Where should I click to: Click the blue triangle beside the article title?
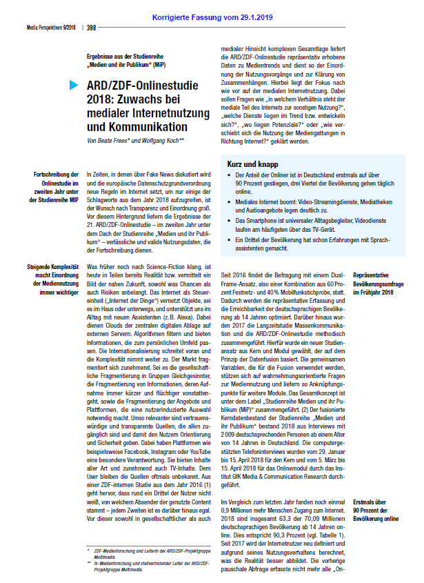(74, 86)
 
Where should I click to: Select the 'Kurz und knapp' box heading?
(252, 164)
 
